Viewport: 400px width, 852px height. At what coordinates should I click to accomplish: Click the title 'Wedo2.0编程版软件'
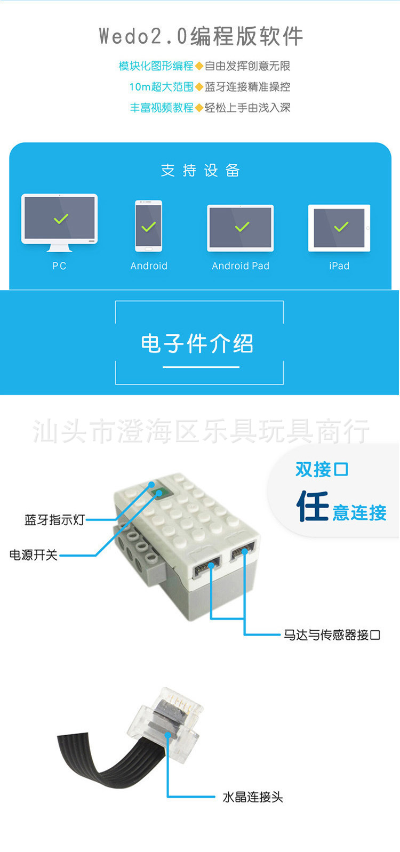[201, 36]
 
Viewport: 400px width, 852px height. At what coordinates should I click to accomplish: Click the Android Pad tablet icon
[241, 228]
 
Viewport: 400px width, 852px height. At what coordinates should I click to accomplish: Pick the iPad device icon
[339, 228]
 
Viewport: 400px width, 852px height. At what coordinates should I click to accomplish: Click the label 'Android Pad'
[241, 266]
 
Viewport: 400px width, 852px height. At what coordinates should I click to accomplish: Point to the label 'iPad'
[339, 266]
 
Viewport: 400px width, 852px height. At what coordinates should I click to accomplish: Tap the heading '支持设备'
[201, 171]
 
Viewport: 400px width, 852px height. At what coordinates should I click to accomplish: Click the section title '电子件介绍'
[197, 344]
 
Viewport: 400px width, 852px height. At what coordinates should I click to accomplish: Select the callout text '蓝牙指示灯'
[54, 520]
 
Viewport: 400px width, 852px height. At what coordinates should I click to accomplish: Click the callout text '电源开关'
[34, 555]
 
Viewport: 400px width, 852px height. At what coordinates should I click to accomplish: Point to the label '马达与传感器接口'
[332, 635]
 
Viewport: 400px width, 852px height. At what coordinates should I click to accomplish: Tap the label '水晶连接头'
[253, 797]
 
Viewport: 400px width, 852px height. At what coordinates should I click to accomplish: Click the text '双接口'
[322, 470]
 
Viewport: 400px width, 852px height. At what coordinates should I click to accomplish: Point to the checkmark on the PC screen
[61, 219]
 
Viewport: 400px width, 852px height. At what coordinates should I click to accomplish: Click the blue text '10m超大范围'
[161, 87]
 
